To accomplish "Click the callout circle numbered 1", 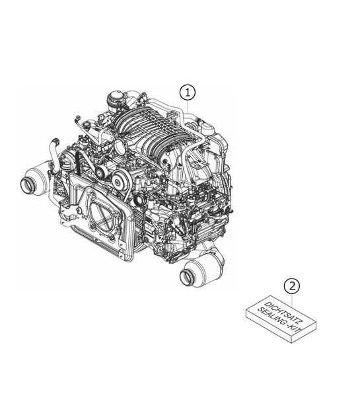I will [188, 91].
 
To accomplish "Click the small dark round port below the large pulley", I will [139, 199].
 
